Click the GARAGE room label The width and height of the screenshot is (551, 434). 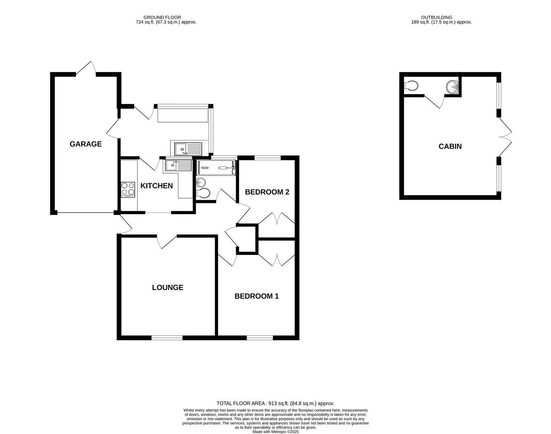(x=86, y=144)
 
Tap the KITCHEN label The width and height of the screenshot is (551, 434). (x=156, y=186)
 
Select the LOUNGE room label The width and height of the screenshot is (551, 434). (x=168, y=287)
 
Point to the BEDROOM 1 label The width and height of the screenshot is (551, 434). (x=257, y=296)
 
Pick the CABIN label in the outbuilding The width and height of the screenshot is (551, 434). (x=450, y=146)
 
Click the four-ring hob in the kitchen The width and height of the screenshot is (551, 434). (x=128, y=189)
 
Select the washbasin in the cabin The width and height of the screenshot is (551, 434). (x=452, y=86)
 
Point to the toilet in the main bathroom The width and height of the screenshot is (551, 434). (x=204, y=193)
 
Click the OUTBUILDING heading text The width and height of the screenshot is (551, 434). (x=436, y=17)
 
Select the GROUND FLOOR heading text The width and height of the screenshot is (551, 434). (x=162, y=17)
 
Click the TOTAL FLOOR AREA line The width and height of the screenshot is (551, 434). (x=275, y=403)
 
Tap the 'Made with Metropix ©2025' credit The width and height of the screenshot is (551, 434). (x=275, y=432)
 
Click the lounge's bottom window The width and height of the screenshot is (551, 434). (x=167, y=338)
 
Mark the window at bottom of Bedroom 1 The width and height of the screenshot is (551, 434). (x=259, y=338)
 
